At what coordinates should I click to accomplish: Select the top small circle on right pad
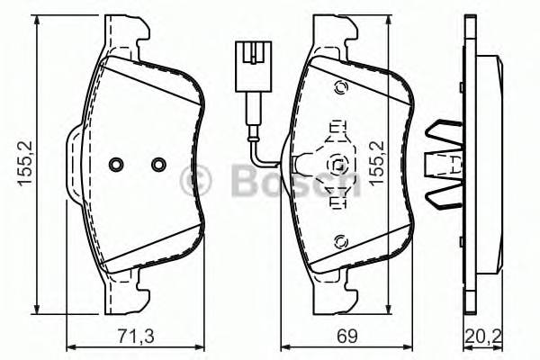click(340, 87)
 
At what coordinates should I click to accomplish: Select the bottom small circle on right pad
click(340, 240)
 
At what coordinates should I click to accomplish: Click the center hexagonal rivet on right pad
click(338, 164)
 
